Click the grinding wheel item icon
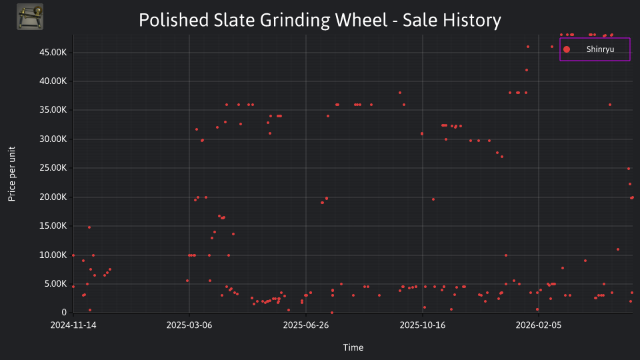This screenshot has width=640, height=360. [30, 17]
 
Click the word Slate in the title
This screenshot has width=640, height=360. [234, 20]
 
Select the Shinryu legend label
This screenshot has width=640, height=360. [600, 49]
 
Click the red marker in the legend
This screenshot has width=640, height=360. [567, 49]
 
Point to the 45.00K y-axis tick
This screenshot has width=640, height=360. [53, 52]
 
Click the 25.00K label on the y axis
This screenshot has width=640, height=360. [53, 168]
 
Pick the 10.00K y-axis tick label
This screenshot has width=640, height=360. [53, 255]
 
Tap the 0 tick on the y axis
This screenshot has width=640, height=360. [64, 312]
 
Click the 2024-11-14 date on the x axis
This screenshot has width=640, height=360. [73, 325]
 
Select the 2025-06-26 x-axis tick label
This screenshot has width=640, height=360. [306, 325]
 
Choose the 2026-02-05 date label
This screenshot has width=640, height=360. [539, 325]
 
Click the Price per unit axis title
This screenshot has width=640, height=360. [12, 174]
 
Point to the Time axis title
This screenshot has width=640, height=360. [353, 347]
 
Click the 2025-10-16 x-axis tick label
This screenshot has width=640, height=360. [423, 325]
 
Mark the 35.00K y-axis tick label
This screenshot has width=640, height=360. [53, 110]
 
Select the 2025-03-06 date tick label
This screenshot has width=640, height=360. [189, 325]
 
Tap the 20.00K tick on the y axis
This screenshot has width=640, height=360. [53, 197]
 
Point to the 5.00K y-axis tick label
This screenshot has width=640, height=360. [55, 284]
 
